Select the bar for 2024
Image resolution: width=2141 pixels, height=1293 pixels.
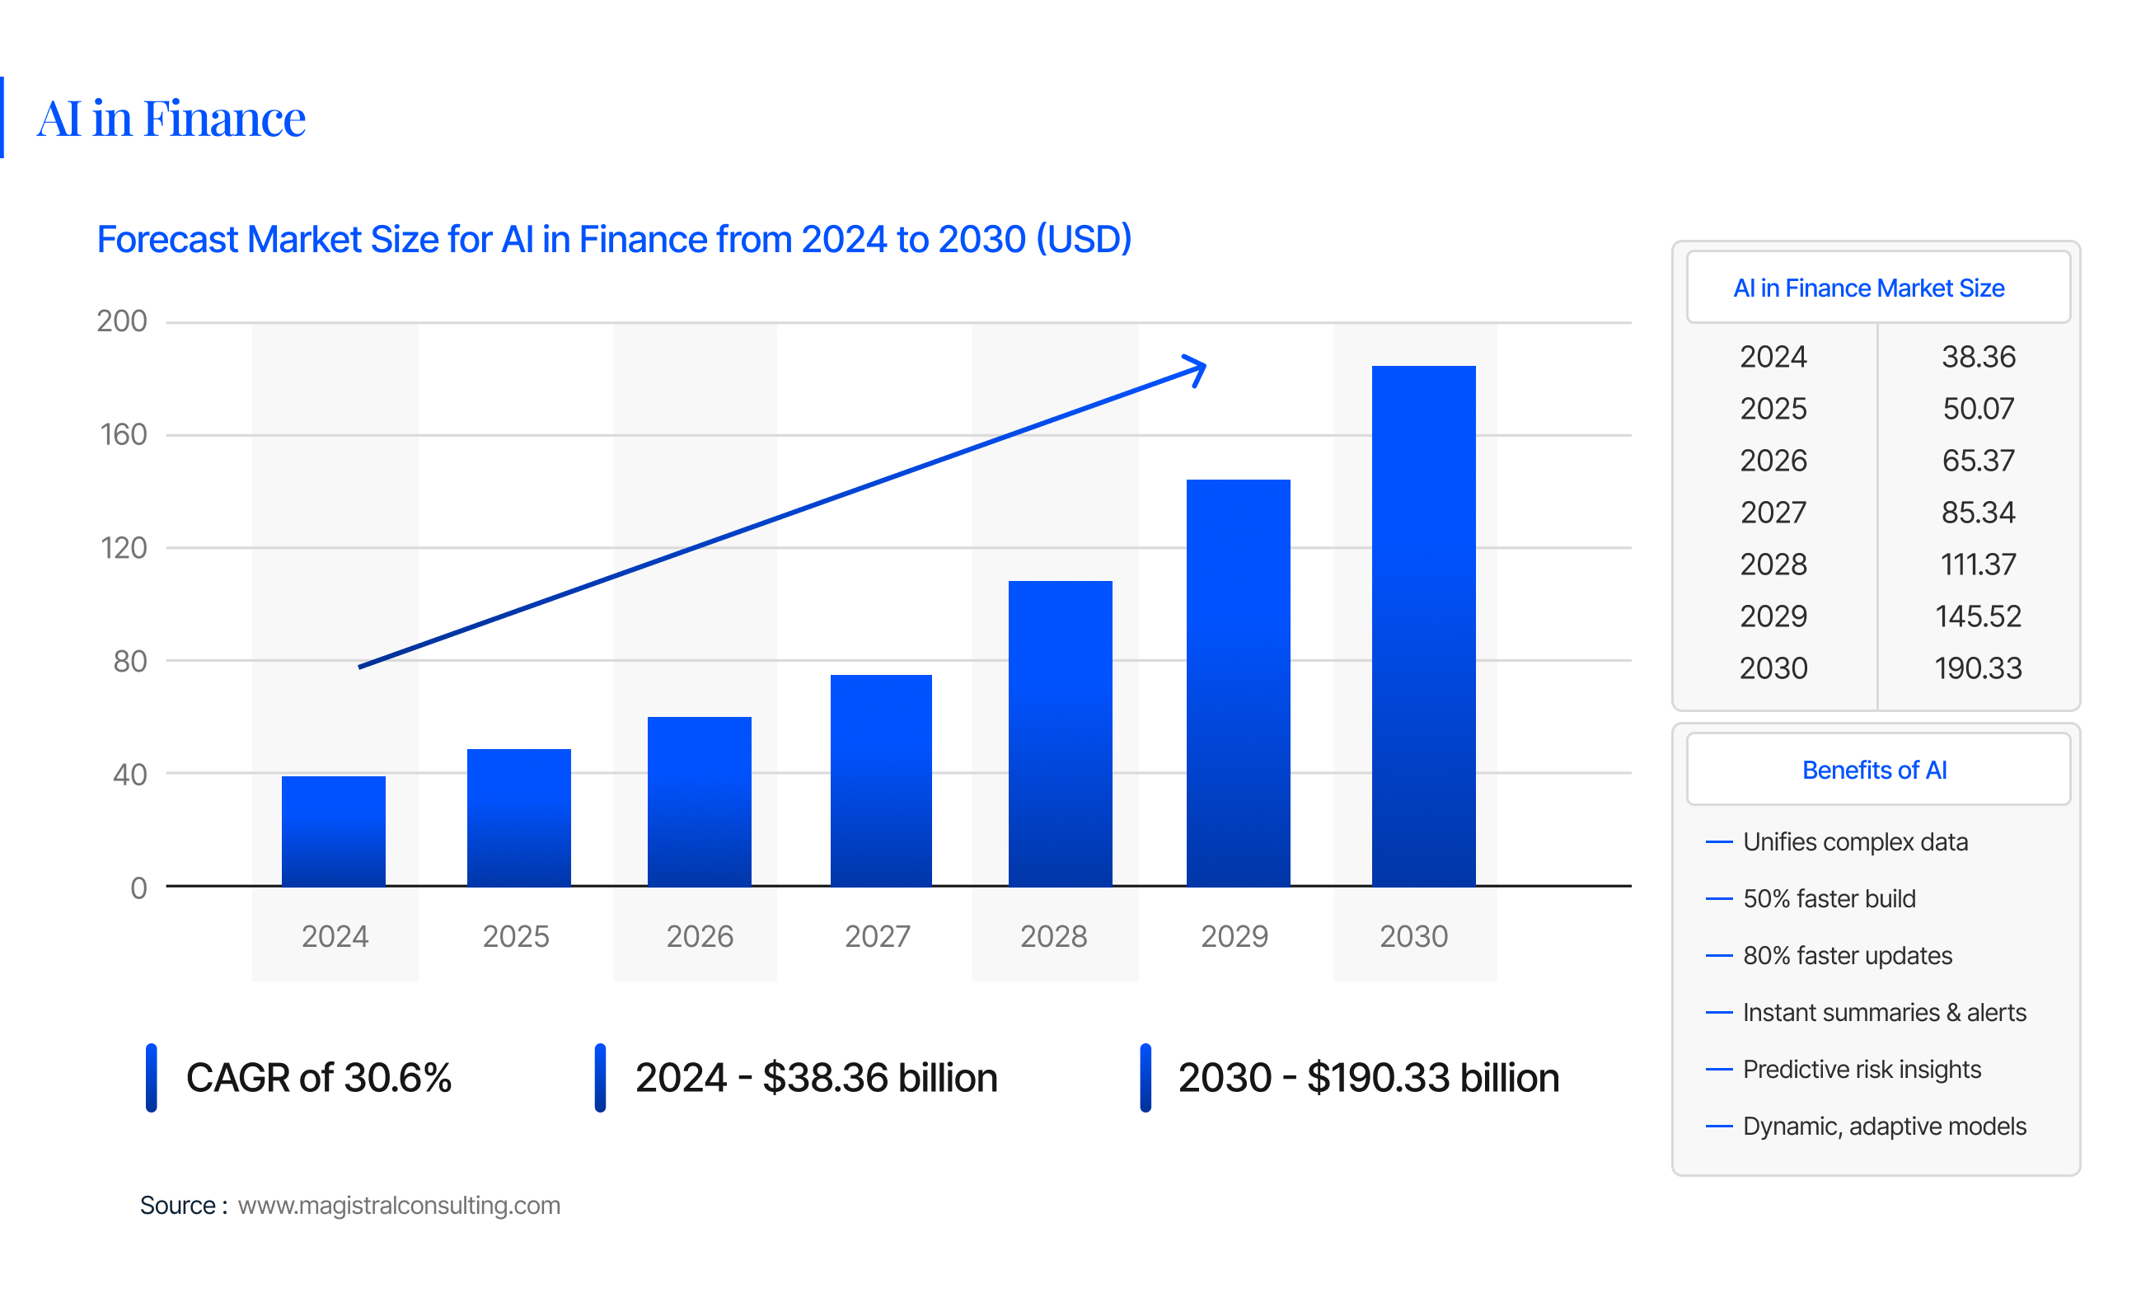click(334, 831)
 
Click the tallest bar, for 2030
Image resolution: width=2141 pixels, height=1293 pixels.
click(1423, 625)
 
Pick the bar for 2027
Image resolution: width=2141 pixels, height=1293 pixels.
click(881, 780)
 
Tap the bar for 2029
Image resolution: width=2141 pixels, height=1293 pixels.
click(1238, 682)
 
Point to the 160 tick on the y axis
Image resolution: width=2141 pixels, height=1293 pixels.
click(124, 434)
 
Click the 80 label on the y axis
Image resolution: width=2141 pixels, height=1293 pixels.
click(129, 661)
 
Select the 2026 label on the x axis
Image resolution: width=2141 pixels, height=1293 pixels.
click(700, 936)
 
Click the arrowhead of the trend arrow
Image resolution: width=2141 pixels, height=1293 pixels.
click(1197, 369)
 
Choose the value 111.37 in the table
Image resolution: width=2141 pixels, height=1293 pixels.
click(1978, 565)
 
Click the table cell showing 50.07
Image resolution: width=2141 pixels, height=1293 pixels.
click(1978, 409)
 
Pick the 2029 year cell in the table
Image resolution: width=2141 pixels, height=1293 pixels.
click(1773, 616)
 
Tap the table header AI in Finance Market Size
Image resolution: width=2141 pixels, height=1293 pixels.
click(1868, 288)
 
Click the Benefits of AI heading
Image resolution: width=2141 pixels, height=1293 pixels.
click(1874, 770)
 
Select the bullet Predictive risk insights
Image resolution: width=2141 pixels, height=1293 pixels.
click(1861, 1069)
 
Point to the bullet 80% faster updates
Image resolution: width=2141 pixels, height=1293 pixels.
click(1848, 955)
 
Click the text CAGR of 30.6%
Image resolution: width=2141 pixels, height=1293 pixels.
click(318, 1078)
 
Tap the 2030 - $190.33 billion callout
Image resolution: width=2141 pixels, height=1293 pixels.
click(1369, 1078)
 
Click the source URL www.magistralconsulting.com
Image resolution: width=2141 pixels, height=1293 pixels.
click(399, 1206)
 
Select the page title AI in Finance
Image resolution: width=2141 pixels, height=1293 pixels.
click(171, 118)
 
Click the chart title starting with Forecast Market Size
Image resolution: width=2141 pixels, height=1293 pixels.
click(613, 239)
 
